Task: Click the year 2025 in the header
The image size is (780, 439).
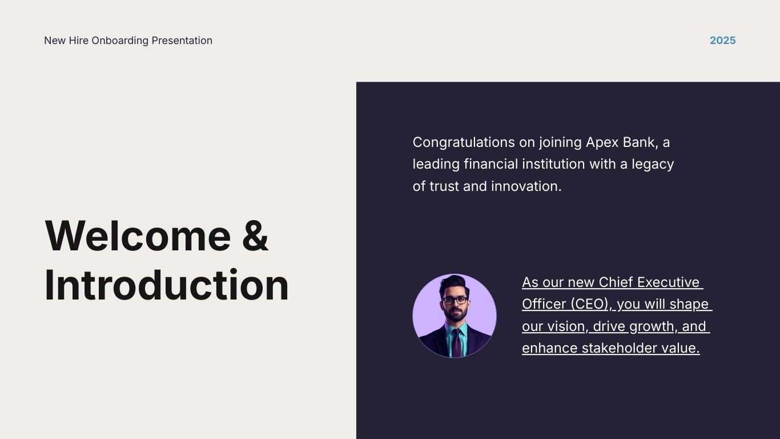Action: (722, 41)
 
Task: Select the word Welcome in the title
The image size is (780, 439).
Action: (138, 236)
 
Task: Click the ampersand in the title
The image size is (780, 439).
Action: (255, 236)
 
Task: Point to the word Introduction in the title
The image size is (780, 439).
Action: (166, 285)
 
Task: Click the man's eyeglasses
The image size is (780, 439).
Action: (455, 300)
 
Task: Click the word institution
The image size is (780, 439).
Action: (553, 165)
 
